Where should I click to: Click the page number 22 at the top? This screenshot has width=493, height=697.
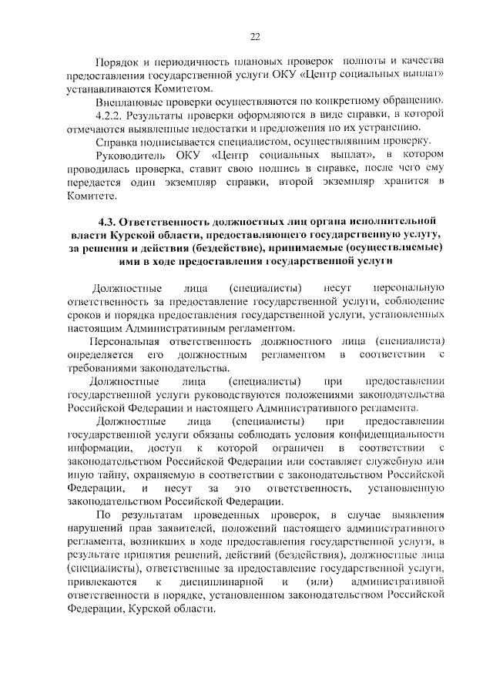(256, 36)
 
